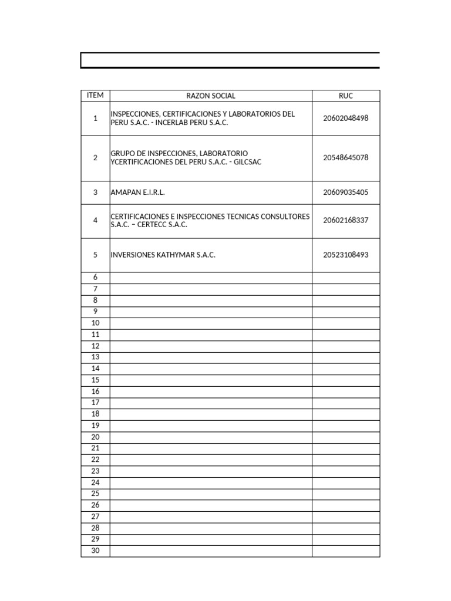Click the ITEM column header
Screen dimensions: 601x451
click(95, 96)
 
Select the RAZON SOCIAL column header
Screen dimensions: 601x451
click(211, 96)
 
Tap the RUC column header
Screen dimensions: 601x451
click(346, 96)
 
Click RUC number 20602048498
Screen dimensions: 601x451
click(346, 118)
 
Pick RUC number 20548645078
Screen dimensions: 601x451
click(346, 158)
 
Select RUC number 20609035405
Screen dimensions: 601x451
click(346, 193)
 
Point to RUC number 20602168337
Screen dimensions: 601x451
click(346, 221)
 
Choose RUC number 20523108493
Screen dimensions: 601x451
click(346, 255)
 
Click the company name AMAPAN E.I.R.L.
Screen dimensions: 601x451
click(136, 193)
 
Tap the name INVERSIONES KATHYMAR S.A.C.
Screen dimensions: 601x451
click(159, 255)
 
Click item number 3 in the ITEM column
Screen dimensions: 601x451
click(95, 193)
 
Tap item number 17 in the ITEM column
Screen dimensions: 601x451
click(95, 403)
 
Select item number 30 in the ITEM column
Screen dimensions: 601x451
click(95, 551)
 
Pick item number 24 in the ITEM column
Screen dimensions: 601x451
click(95, 482)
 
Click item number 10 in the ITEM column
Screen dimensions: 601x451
click(95, 323)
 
